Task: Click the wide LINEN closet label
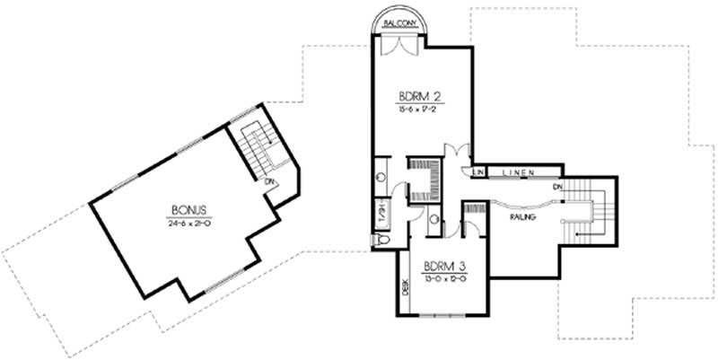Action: tap(520, 171)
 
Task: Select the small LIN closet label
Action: tap(479, 171)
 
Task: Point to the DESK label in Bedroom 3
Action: tap(405, 289)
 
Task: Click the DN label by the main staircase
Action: tap(557, 186)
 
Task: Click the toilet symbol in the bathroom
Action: tap(381, 240)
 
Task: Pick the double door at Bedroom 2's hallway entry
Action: tap(460, 153)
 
